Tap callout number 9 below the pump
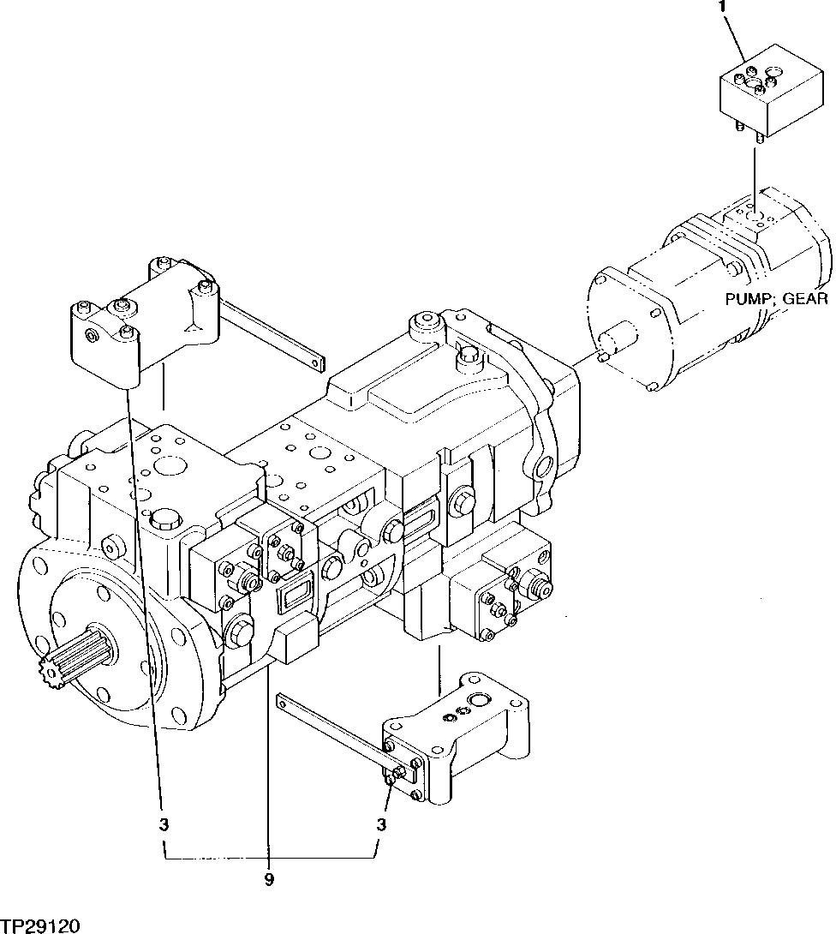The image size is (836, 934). pyautogui.click(x=268, y=880)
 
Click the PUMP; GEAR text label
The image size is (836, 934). pyautogui.click(x=776, y=298)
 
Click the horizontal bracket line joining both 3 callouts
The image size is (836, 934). pyautogui.click(x=269, y=858)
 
